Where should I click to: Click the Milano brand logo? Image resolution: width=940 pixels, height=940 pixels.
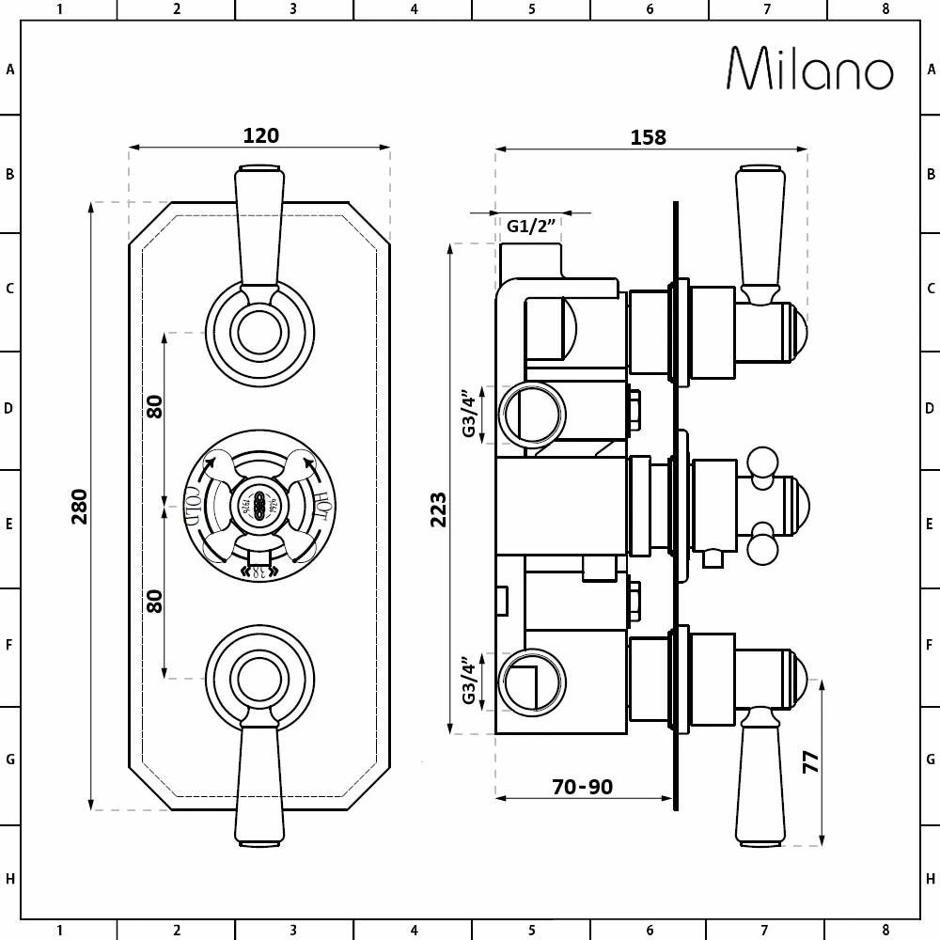click(x=809, y=69)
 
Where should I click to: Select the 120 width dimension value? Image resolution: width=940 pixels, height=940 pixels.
click(x=260, y=135)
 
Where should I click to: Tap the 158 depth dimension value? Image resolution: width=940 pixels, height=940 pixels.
click(x=648, y=137)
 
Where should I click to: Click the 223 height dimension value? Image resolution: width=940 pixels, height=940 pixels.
click(x=439, y=509)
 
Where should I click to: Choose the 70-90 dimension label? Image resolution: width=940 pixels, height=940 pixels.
click(x=583, y=786)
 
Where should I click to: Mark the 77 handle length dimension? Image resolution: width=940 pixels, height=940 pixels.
click(x=810, y=760)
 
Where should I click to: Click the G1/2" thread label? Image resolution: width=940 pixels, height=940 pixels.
click(x=532, y=227)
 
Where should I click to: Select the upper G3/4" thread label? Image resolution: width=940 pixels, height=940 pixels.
click(x=469, y=414)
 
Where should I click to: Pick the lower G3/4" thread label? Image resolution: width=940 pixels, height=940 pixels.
click(x=469, y=681)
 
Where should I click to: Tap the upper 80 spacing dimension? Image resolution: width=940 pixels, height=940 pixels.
click(x=155, y=406)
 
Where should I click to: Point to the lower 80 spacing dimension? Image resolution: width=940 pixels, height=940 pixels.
click(x=155, y=600)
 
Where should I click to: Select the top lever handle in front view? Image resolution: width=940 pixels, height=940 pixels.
click(x=259, y=226)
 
